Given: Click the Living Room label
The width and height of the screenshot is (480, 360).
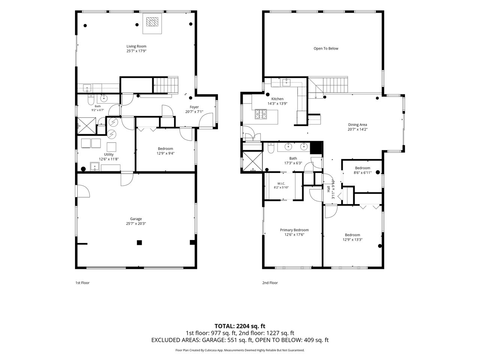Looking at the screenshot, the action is point(136,46).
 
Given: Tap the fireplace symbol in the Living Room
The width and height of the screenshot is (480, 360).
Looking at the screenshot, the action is point(152,22).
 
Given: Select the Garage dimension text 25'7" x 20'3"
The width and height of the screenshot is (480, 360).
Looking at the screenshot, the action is point(136,223).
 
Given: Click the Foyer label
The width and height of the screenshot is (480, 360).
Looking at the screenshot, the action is point(194,107).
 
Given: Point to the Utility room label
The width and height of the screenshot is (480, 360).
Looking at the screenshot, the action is point(109,154).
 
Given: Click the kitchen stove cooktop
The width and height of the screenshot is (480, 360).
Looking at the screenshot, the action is point(261,114).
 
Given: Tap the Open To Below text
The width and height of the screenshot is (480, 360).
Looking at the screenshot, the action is point(326,48).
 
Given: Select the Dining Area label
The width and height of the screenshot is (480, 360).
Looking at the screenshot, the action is point(357,124).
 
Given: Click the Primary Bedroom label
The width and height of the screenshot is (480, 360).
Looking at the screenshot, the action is point(294,230).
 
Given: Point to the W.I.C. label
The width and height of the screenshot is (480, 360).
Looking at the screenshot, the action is point(281,183).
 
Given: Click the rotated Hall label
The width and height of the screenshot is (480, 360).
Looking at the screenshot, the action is point(328,189).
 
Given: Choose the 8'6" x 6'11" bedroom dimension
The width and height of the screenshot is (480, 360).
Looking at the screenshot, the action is point(363,172).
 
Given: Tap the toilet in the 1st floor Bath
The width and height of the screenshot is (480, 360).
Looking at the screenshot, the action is point(90,100).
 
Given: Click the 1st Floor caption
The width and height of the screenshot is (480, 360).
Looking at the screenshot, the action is point(82,283).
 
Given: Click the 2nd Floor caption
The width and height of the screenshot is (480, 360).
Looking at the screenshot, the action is point(270,283).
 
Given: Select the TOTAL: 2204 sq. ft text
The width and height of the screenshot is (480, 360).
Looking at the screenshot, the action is point(240,326).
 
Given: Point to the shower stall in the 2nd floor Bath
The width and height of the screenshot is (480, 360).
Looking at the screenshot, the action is point(252,161).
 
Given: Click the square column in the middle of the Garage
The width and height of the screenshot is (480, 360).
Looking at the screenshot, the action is point(139,242).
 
